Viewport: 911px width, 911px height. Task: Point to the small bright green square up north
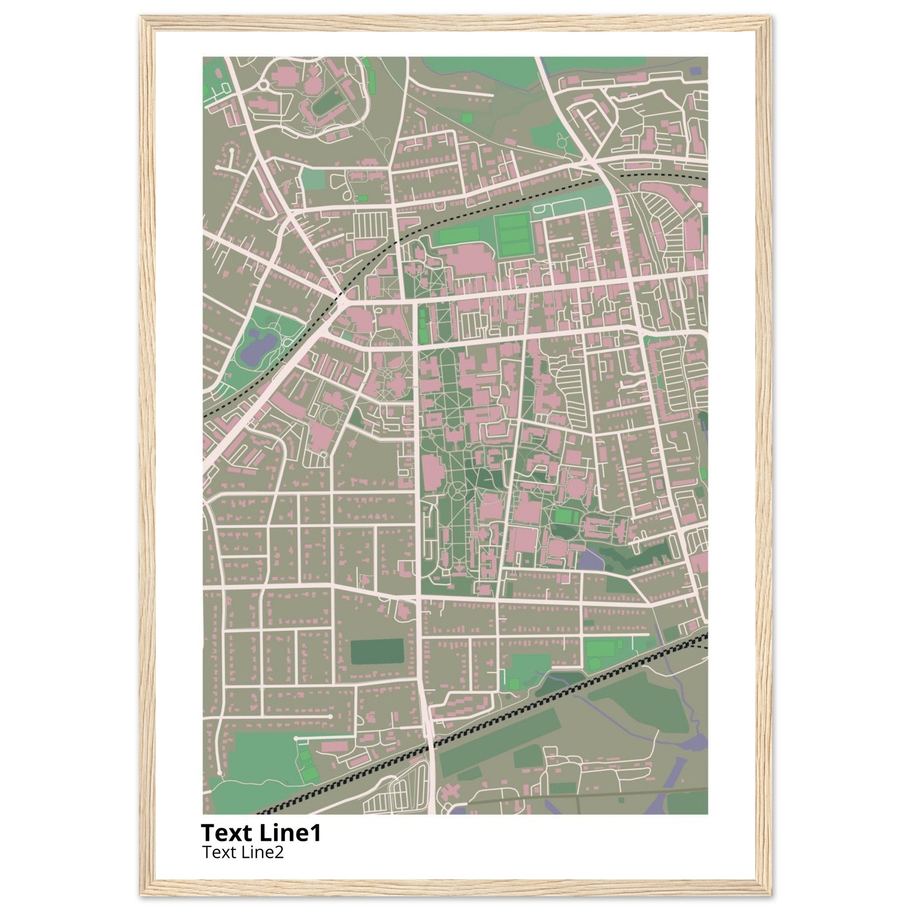pos(466,118)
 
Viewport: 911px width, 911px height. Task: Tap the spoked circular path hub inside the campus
pos(457,492)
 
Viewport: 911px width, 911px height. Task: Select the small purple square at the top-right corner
pos(695,71)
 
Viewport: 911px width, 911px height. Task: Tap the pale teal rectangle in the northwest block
pos(313,179)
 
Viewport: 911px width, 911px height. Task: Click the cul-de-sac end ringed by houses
pos(231,149)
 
